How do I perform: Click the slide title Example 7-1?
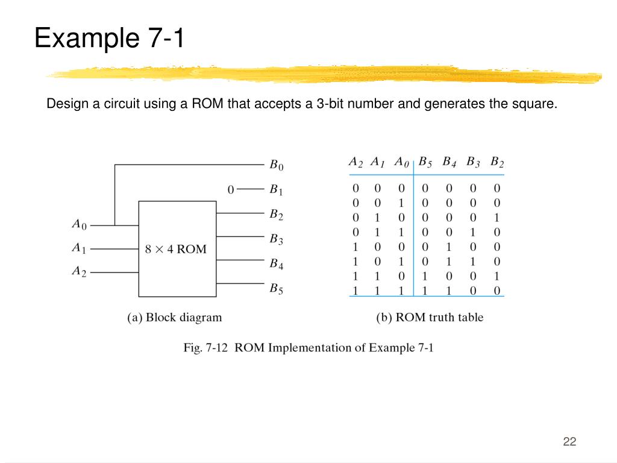tap(110, 38)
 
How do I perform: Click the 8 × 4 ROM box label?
tap(175, 249)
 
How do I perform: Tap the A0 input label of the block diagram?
tap(79, 224)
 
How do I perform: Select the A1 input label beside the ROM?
tap(79, 248)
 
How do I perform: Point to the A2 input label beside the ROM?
tap(79, 271)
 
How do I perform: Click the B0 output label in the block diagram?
tap(276, 165)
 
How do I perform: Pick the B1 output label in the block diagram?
tap(276, 190)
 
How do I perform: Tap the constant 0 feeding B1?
tap(231, 190)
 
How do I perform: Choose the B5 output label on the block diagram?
tap(276, 289)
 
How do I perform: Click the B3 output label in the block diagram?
tap(276, 239)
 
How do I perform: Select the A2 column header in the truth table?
tap(355, 162)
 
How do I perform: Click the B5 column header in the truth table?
tap(425, 162)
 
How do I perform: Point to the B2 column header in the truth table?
tap(497, 162)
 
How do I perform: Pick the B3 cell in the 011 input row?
tap(473, 232)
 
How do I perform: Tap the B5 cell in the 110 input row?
tap(425, 276)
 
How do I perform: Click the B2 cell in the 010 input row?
tap(497, 218)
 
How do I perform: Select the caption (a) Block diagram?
tap(174, 317)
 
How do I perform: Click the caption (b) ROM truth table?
tap(430, 317)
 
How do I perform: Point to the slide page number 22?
tap(569, 441)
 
